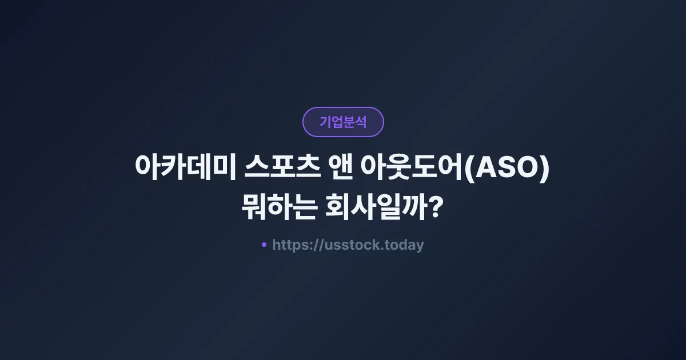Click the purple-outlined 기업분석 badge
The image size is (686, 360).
click(x=343, y=122)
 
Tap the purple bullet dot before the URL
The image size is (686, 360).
click(x=264, y=245)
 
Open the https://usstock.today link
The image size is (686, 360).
click(x=348, y=245)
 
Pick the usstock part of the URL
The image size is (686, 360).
click(x=353, y=245)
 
